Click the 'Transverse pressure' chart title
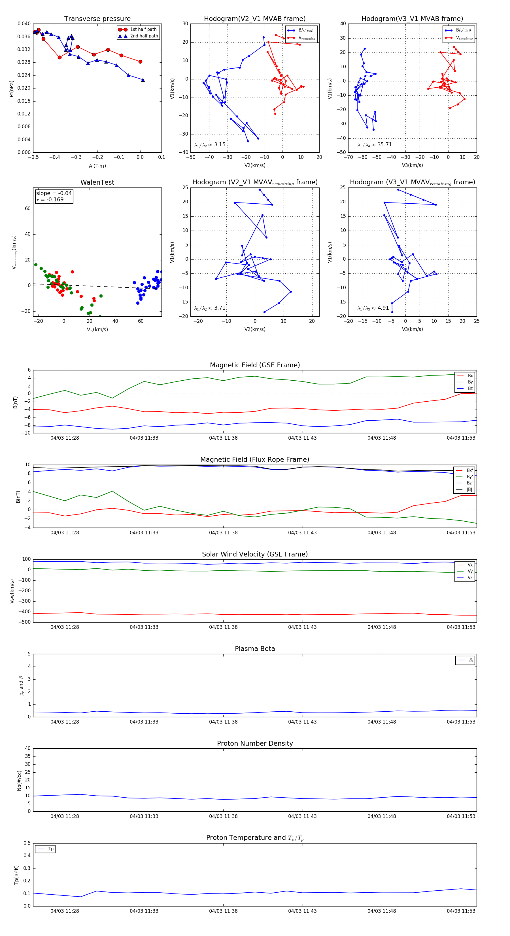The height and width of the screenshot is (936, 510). point(97,19)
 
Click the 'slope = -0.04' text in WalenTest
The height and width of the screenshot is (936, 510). point(54,193)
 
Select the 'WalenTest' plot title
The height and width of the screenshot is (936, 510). point(97,182)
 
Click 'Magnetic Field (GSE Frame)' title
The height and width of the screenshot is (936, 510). point(255,365)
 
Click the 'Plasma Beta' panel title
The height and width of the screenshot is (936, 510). point(255,649)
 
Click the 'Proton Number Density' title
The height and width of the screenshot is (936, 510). point(255,743)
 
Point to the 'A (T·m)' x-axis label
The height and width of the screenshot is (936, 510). point(97,166)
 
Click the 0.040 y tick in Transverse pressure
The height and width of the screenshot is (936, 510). point(24,24)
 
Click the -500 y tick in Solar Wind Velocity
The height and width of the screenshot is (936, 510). point(24,622)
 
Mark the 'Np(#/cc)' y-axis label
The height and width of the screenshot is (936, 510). point(19,781)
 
